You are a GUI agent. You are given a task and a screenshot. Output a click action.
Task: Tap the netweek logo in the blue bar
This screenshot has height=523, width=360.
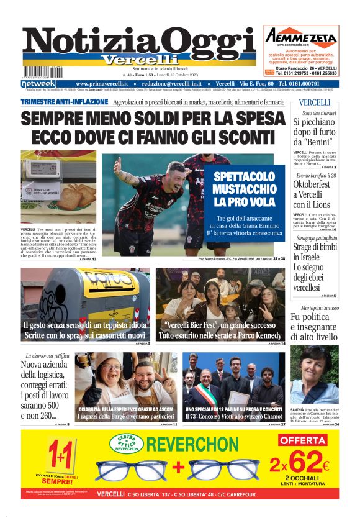tap(38, 84)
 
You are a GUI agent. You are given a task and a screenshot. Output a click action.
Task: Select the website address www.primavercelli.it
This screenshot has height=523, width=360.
tap(102, 84)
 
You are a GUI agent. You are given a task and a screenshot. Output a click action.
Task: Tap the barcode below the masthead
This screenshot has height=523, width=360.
tap(44, 71)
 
